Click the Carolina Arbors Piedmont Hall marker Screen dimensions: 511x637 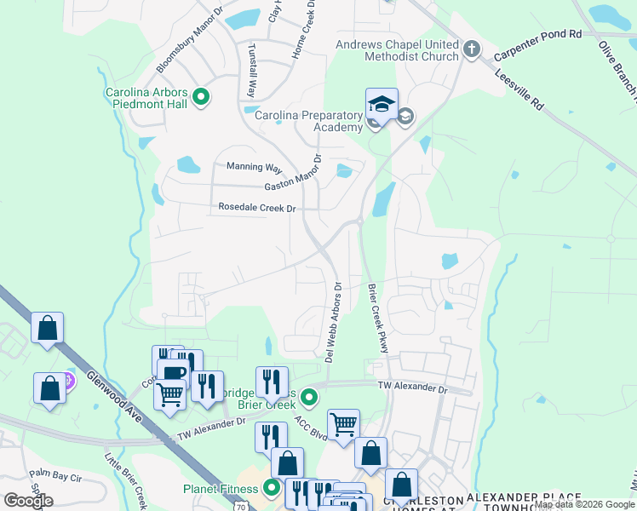pos(201,98)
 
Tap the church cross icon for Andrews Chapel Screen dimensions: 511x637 pos(474,50)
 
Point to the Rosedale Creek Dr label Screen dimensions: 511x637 pos(256,207)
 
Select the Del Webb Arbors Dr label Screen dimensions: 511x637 pos(334,323)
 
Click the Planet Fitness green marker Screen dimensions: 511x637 pos(271,489)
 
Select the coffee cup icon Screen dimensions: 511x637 pos(174,372)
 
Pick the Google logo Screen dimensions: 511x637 pos(28,500)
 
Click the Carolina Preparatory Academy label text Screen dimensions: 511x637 pos(308,119)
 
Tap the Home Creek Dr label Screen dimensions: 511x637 pos(304,30)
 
